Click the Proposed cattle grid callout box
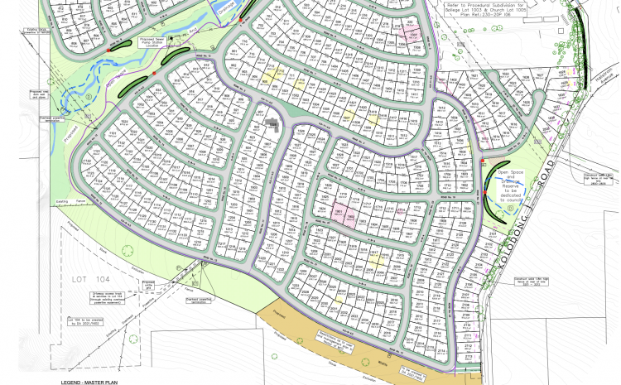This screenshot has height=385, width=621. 149,286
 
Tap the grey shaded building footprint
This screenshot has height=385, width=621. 272,124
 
